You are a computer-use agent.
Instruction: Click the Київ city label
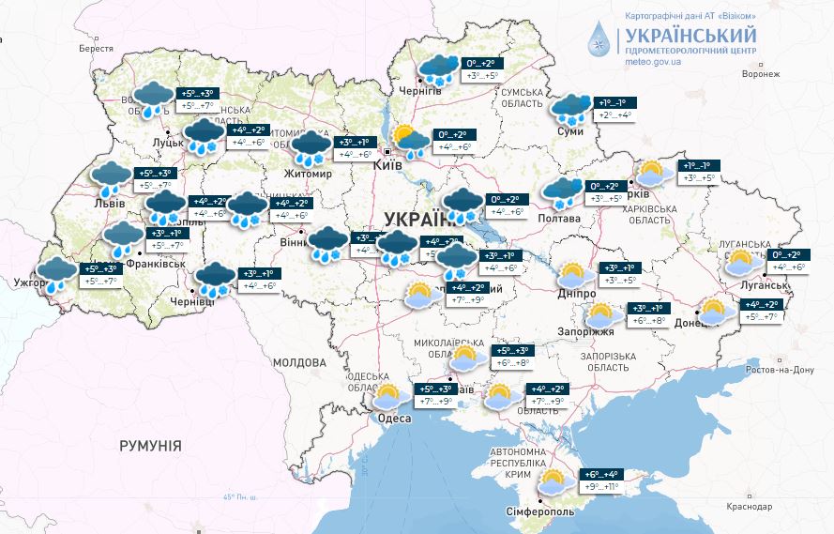tap(387, 164)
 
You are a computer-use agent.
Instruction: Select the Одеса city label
tap(393, 419)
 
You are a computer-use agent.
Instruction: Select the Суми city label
tap(569, 131)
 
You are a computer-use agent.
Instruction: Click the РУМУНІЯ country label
tap(150, 445)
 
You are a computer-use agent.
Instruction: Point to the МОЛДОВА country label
tap(298, 362)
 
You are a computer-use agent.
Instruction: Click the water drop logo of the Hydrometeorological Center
tap(599, 38)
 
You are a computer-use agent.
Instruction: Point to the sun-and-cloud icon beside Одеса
tap(388, 395)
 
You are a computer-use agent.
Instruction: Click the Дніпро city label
tap(576, 295)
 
